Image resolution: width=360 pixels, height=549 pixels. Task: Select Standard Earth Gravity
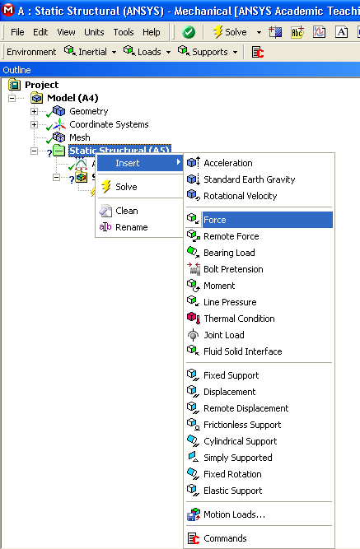click(x=249, y=179)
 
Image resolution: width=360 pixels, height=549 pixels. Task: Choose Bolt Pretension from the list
click(x=233, y=269)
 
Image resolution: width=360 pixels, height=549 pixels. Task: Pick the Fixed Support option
click(x=231, y=375)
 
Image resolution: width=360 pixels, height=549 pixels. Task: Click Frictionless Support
click(x=242, y=425)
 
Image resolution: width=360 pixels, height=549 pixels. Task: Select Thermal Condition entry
click(x=239, y=319)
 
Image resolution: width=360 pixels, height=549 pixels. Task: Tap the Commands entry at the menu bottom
click(x=225, y=538)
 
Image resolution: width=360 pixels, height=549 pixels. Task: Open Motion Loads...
click(x=234, y=514)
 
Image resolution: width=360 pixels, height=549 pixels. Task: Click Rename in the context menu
click(x=132, y=227)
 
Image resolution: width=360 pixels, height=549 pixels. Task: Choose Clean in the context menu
click(x=127, y=211)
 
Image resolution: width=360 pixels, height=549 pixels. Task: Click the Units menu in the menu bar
click(x=94, y=32)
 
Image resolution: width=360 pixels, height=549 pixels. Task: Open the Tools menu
click(x=124, y=32)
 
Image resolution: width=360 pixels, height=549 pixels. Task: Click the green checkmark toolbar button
click(x=189, y=33)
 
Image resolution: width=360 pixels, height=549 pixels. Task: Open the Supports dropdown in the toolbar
click(x=208, y=52)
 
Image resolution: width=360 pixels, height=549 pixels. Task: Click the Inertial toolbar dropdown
click(x=90, y=52)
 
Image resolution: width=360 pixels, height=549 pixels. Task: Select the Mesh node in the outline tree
click(x=80, y=137)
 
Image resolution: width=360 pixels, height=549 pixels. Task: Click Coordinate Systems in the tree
click(x=109, y=124)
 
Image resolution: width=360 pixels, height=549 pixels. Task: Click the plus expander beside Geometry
click(x=34, y=112)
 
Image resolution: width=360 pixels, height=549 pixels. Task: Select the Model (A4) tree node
click(x=72, y=98)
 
